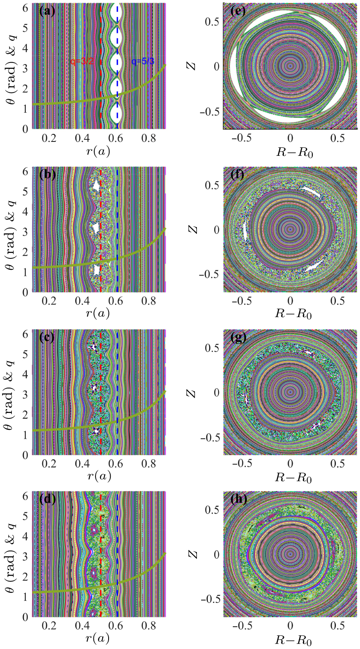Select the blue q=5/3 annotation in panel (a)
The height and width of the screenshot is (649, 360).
(143, 62)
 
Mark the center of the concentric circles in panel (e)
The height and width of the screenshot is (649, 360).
(290, 66)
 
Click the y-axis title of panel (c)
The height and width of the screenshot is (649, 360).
(9, 393)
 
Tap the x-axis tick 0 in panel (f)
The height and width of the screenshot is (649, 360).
(290, 301)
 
